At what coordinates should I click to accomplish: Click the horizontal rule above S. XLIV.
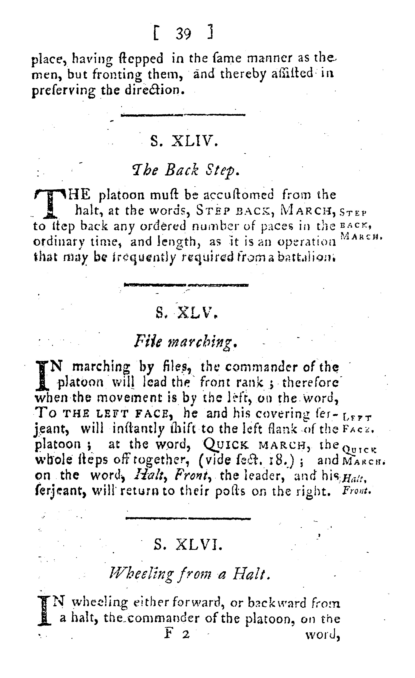(183, 115)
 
